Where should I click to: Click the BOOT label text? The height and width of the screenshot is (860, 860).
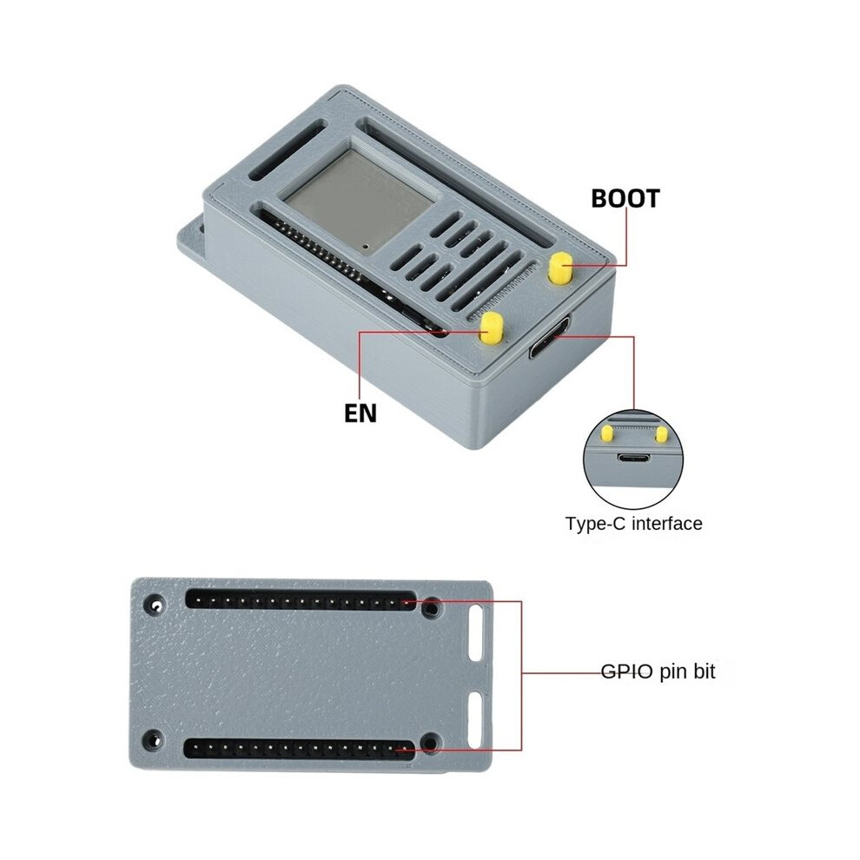tap(625, 199)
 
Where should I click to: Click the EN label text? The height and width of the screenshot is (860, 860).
tap(361, 413)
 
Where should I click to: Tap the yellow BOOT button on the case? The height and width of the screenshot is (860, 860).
tap(560, 268)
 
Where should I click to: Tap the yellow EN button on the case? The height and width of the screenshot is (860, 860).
tap(492, 328)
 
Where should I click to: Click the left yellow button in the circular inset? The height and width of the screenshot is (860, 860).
tap(607, 433)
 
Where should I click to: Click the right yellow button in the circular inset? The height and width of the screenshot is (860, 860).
tap(661, 435)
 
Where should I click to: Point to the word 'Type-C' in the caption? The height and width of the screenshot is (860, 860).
tap(596, 524)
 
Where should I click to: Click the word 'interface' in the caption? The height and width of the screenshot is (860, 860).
tap(667, 523)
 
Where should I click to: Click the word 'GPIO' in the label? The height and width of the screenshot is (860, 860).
tap(627, 671)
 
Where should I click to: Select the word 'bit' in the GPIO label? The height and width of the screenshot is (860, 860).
tap(704, 671)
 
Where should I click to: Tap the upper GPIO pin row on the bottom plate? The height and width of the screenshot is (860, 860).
tap(301, 599)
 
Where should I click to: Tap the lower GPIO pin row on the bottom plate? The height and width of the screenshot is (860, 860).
tap(299, 748)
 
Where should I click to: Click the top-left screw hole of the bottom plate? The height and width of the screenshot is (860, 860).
tap(154, 605)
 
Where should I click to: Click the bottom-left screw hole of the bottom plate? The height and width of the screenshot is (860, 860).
tap(153, 741)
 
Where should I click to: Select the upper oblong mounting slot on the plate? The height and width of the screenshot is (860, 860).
tap(475, 633)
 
